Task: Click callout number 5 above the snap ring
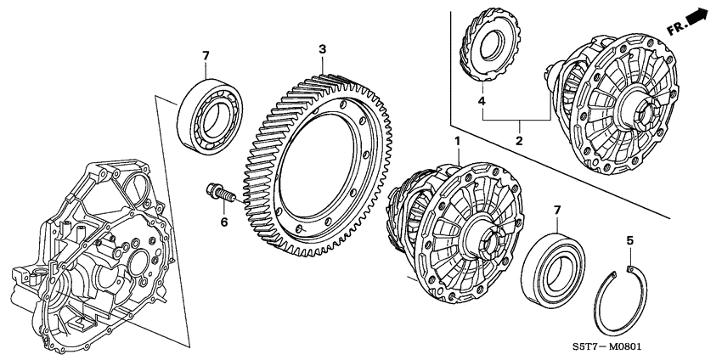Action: point(629,240)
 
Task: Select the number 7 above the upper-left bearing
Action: point(204,56)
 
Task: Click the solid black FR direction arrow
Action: point(698,17)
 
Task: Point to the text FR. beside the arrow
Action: point(676,27)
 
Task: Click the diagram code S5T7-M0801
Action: point(642,346)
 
